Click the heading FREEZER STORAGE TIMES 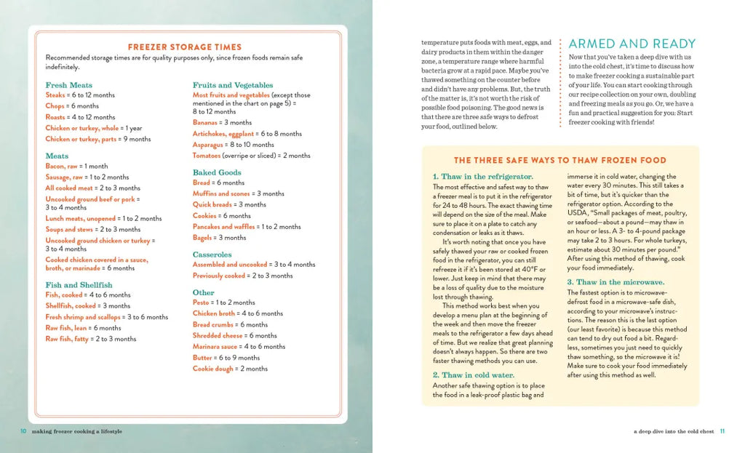click(186, 47)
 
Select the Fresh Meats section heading click(68, 85)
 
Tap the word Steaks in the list click(55, 95)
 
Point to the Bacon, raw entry click(61, 167)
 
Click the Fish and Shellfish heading click(79, 285)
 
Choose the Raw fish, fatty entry click(67, 339)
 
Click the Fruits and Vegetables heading click(233, 85)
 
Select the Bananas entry click(205, 123)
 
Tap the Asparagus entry click(208, 145)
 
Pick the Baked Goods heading click(217, 172)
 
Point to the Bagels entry click(203, 238)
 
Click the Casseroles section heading click(212, 254)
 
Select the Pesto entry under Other click(201, 302)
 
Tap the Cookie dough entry click(213, 369)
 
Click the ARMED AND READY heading click(632, 44)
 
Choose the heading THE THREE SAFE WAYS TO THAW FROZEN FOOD click(559, 160)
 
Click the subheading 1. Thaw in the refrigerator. click(482, 177)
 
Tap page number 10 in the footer click(24, 431)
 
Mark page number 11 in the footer click(722, 431)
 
